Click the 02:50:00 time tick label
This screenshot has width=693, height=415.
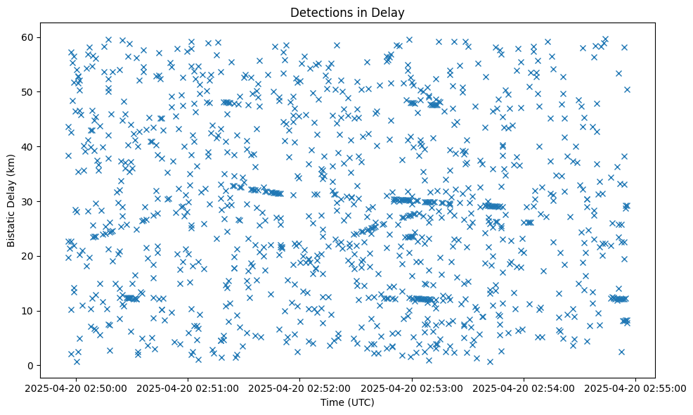click(77, 388)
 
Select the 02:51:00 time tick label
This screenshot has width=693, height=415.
click(188, 388)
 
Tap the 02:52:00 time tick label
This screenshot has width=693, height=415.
click(300, 388)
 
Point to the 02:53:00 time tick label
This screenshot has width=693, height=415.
click(412, 388)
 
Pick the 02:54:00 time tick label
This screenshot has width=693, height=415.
click(524, 388)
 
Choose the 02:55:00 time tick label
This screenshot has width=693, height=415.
click(636, 388)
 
